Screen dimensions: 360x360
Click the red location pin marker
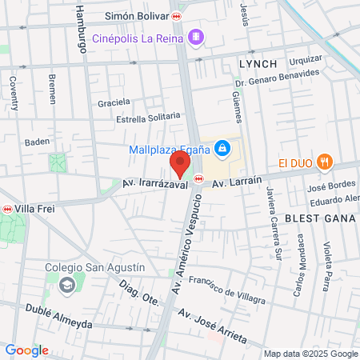[180, 165]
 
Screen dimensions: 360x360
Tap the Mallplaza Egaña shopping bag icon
[222, 148]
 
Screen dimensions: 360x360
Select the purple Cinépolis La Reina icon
[197, 38]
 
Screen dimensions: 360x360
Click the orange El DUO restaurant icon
[324, 162]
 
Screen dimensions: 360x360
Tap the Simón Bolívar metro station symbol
[176, 16]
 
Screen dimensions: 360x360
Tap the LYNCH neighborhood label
[258, 62]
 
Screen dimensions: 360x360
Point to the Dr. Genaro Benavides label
[278, 78]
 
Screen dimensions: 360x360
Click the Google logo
[26, 350]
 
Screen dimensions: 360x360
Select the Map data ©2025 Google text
[311, 354]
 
